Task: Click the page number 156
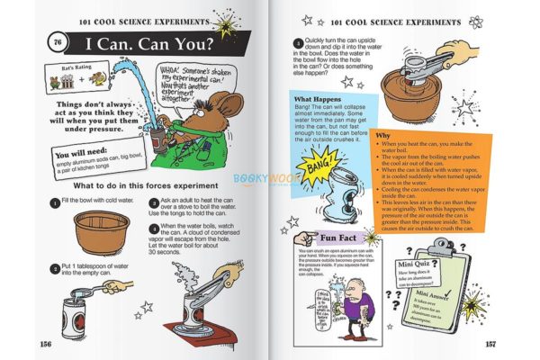pyautogui.click(x=44, y=342)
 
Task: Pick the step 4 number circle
pyautogui.click(x=297, y=41)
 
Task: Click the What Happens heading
pyautogui.click(x=317, y=98)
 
